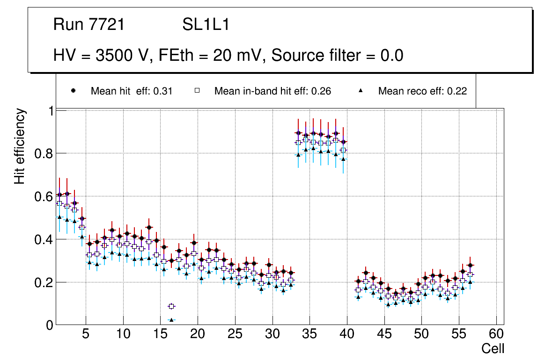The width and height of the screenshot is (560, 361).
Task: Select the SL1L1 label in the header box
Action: [206, 24]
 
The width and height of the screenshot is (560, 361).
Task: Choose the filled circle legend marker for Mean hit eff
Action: [73, 91]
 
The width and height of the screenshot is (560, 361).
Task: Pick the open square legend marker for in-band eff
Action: [197, 91]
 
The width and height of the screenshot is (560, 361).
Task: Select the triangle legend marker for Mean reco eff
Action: [361, 91]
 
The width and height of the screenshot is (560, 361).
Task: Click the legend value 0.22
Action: [457, 91]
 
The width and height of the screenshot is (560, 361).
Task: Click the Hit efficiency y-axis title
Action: [20, 146]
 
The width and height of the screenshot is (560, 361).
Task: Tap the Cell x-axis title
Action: [493, 349]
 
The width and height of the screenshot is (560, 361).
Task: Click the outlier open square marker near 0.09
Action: [171, 306]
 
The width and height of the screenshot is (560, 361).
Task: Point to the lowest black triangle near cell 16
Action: [171, 320]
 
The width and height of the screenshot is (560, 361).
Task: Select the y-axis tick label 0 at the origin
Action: [49, 325]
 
